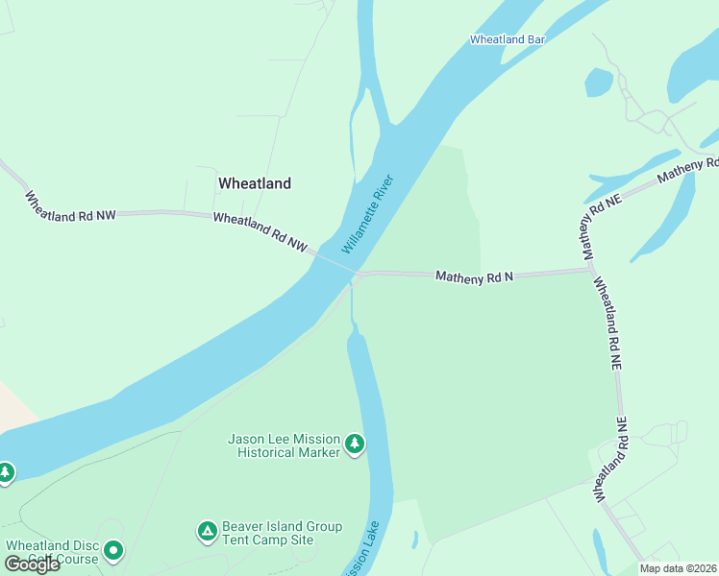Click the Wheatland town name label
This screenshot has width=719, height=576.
254,182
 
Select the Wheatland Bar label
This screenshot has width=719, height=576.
508,39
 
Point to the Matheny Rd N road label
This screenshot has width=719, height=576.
475,276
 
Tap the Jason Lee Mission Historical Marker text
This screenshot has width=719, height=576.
284,445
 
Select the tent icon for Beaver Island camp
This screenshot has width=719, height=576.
206,531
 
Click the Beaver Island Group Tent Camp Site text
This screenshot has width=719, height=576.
282,533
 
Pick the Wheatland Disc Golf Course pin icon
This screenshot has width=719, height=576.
113,551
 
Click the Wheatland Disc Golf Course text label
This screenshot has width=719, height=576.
52,552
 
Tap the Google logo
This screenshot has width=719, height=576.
31,564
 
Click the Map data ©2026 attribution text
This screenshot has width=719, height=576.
678,568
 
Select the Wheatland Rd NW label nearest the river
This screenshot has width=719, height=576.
260,232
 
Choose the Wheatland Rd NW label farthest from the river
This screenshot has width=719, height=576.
69,208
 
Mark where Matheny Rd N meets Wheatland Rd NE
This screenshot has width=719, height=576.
590,270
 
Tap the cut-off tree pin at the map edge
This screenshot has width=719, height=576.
5,472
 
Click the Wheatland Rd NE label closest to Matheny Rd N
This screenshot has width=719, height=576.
607,324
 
